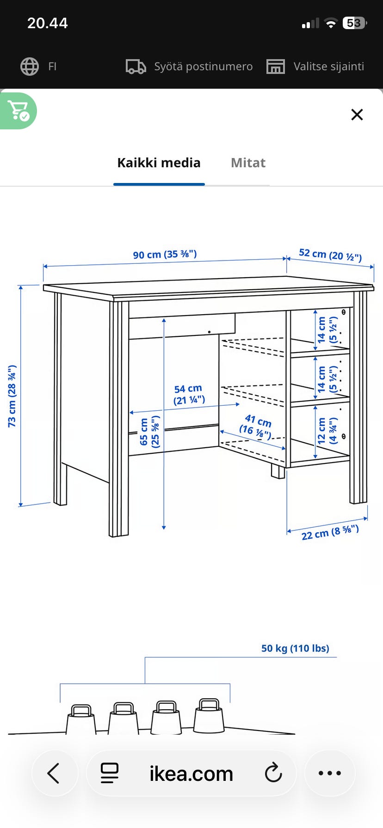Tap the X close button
point(357,115)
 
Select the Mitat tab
point(248,163)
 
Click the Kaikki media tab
point(159,163)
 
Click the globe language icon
point(30,67)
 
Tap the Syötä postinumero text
point(204,67)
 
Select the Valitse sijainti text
point(329,67)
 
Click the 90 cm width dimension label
point(165,254)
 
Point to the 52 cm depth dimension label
point(330,255)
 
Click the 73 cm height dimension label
point(12,396)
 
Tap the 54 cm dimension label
point(189,394)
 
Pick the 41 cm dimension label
point(256,426)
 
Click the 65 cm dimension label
point(150,432)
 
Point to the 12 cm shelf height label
point(327,431)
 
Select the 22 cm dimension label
point(330,532)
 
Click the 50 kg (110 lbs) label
point(295,648)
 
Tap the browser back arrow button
point(54,773)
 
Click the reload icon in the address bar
point(273,773)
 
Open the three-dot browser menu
point(330,773)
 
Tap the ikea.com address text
point(191,773)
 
